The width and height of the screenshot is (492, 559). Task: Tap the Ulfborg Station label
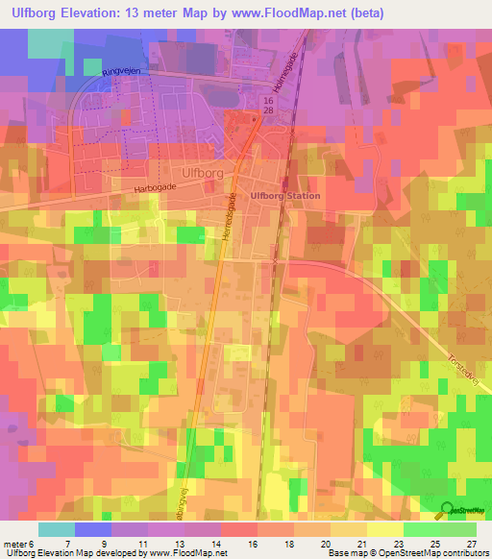click(x=284, y=196)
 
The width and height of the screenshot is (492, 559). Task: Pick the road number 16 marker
click(x=268, y=100)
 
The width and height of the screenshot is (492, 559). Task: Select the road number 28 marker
click(x=268, y=112)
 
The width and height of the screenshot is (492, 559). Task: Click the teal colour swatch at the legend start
click(x=56, y=529)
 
